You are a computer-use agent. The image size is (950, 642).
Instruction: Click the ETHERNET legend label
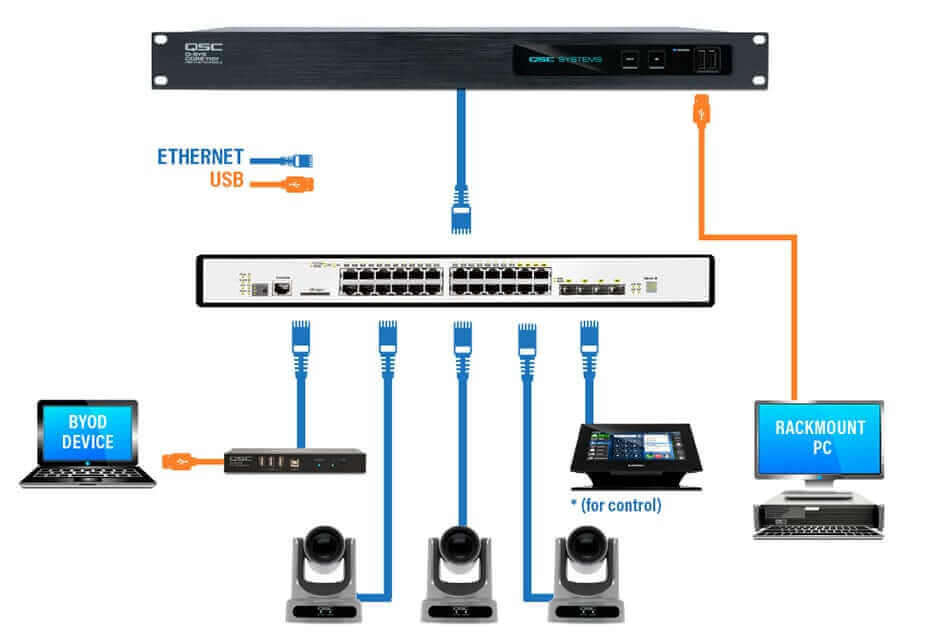click(x=200, y=157)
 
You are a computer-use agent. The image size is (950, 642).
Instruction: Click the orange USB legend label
click(x=226, y=181)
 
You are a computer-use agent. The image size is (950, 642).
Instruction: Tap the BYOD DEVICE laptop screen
click(x=87, y=433)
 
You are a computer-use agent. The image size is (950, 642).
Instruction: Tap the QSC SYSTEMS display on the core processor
click(x=566, y=60)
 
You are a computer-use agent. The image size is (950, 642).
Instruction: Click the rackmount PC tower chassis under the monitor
click(x=819, y=519)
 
